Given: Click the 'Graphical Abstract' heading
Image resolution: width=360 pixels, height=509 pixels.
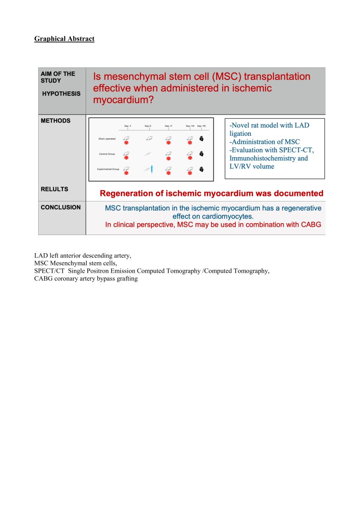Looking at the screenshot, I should [x=64, y=39].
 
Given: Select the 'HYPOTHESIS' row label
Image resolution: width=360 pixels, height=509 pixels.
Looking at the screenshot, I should [x=61, y=94].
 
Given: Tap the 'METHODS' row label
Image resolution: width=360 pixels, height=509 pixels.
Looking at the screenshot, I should [x=56, y=121].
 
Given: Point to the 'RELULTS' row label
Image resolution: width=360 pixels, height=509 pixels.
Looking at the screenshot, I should [x=54, y=189].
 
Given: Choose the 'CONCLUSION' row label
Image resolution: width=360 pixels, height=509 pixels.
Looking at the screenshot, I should [x=61, y=207].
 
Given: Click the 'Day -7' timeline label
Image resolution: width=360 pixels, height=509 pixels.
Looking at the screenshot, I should [x=127, y=126].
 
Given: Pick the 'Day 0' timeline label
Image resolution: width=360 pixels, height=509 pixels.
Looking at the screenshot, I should [x=148, y=126].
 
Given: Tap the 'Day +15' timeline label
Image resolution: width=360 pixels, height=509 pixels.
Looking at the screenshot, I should [x=201, y=126].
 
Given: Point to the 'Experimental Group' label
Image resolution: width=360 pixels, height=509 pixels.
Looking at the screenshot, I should [x=108, y=169].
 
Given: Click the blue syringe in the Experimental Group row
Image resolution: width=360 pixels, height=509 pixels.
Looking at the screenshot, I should [x=152, y=169].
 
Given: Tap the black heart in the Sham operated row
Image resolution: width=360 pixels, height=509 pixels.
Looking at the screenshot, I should [x=201, y=138].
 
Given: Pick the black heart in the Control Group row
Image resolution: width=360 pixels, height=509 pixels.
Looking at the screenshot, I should [x=201, y=154].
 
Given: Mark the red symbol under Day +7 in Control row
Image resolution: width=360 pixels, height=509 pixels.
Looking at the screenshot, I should [x=168, y=158].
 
